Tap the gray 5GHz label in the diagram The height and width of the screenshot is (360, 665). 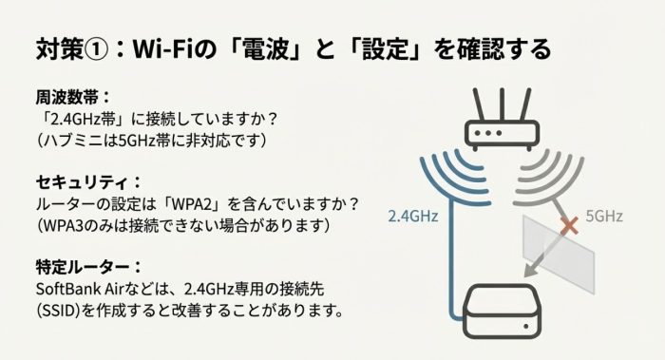coord(602,217)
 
